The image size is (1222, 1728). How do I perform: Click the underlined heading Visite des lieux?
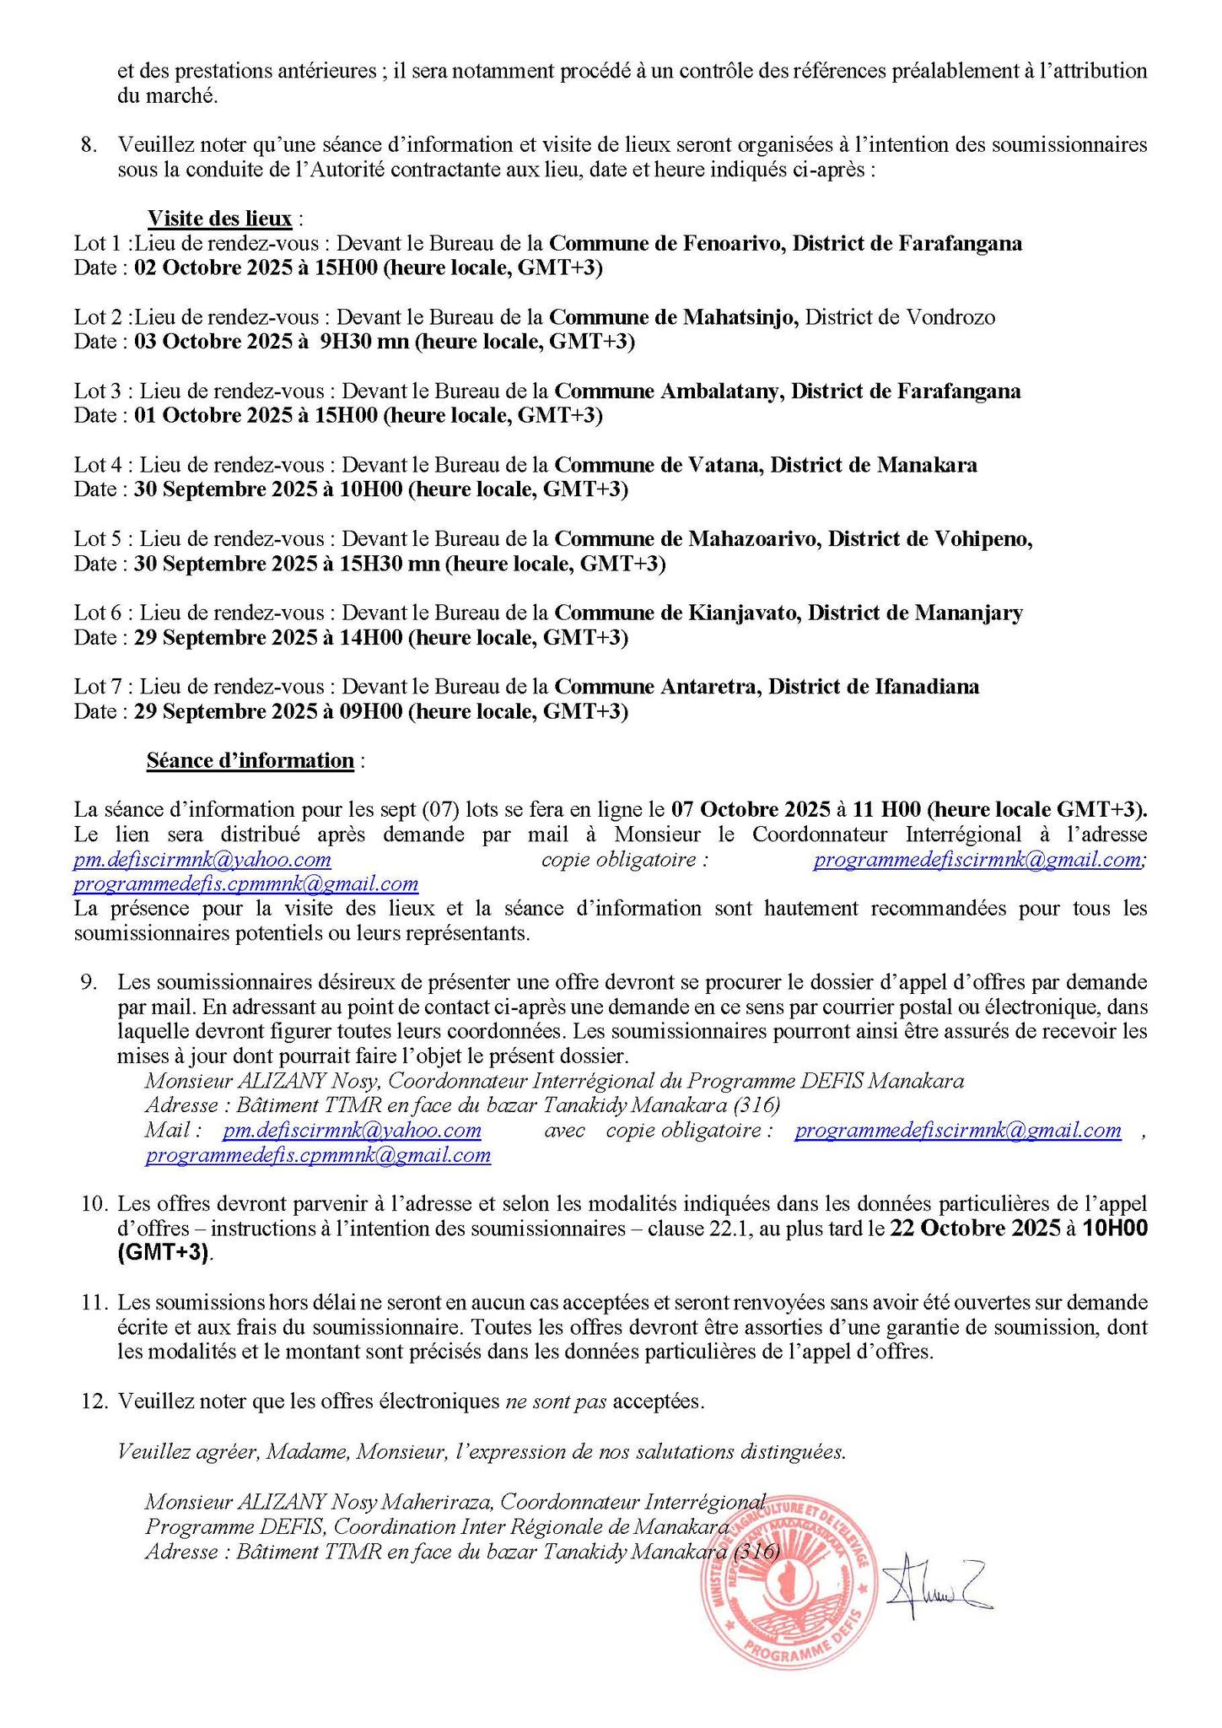(220, 219)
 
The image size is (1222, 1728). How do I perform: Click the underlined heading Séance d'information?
(250, 760)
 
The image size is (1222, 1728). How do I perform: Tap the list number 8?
(89, 144)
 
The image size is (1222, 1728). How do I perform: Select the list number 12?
(95, 1401)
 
